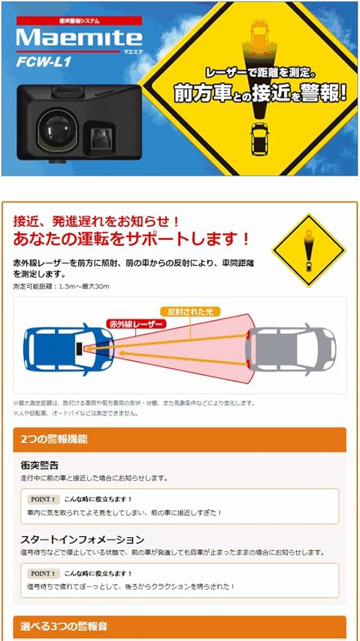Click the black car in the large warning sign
[x=259, y=138]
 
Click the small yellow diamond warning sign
[x=309, y=250]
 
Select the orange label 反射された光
[x=190, y=311]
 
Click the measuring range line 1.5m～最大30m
[x=61, y=286]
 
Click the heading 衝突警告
[x=40, y=465]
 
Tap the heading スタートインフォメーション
[x=83, y=540]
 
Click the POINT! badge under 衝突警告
[x=44, y=499]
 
